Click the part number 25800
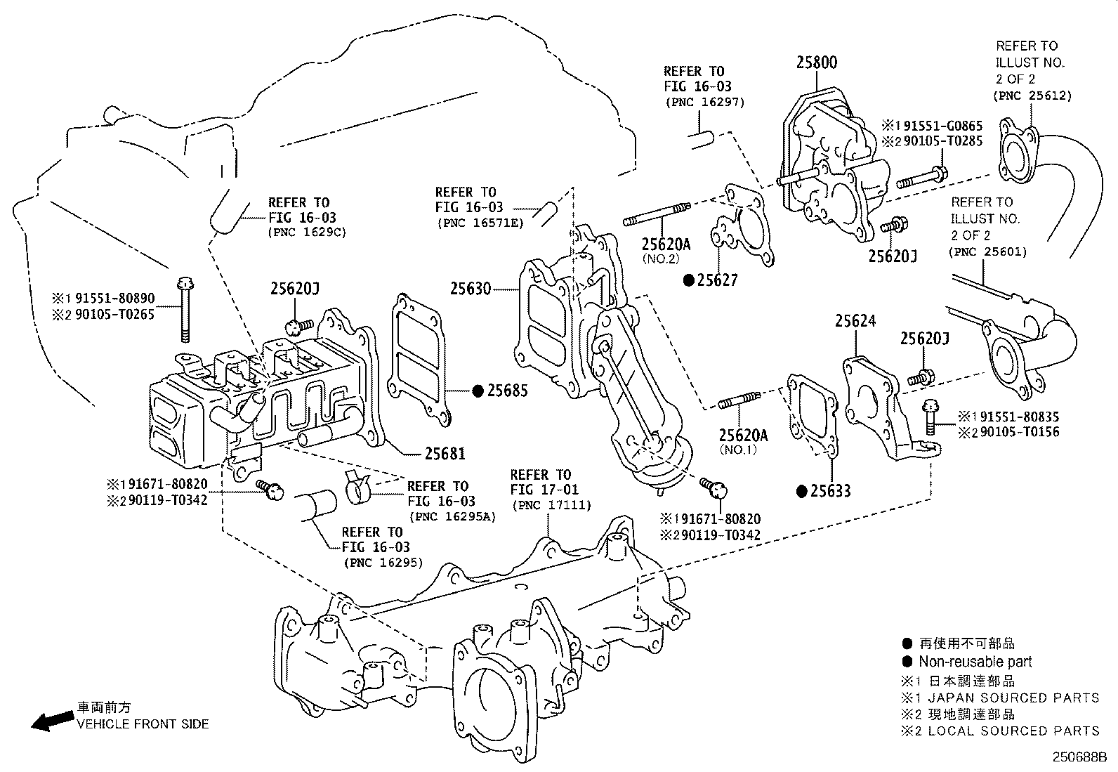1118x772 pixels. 816,63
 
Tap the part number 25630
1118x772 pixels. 470,289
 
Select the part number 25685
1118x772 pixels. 507,391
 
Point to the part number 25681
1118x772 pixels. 444,454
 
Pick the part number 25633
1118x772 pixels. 830,491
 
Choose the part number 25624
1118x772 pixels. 855,321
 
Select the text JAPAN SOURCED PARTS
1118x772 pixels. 1013,698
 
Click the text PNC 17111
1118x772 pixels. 551,505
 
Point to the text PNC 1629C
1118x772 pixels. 307,231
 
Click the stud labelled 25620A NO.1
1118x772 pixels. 738,403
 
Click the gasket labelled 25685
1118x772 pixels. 420,362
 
